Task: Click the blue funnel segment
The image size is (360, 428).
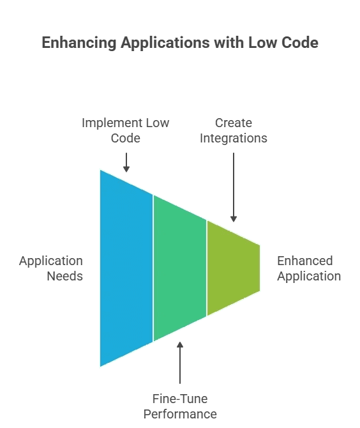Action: point(126,268)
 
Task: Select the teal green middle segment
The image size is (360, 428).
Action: point(179,268)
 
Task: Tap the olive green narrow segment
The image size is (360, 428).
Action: point(233,268)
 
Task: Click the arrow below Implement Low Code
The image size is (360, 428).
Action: point(126,162)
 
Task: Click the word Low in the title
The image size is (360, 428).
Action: point(261,43)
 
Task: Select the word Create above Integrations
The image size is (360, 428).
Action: point(233,123)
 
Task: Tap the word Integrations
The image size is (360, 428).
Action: point(233,138)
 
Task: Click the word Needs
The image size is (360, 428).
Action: point(64,277)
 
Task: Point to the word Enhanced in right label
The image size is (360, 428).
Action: point(304,261)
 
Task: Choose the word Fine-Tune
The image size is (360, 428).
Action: point(179,399)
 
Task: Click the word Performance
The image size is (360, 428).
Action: point(179,414)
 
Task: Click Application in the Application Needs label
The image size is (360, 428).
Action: point(51,261)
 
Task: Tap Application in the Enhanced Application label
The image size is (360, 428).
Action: point(308,277)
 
